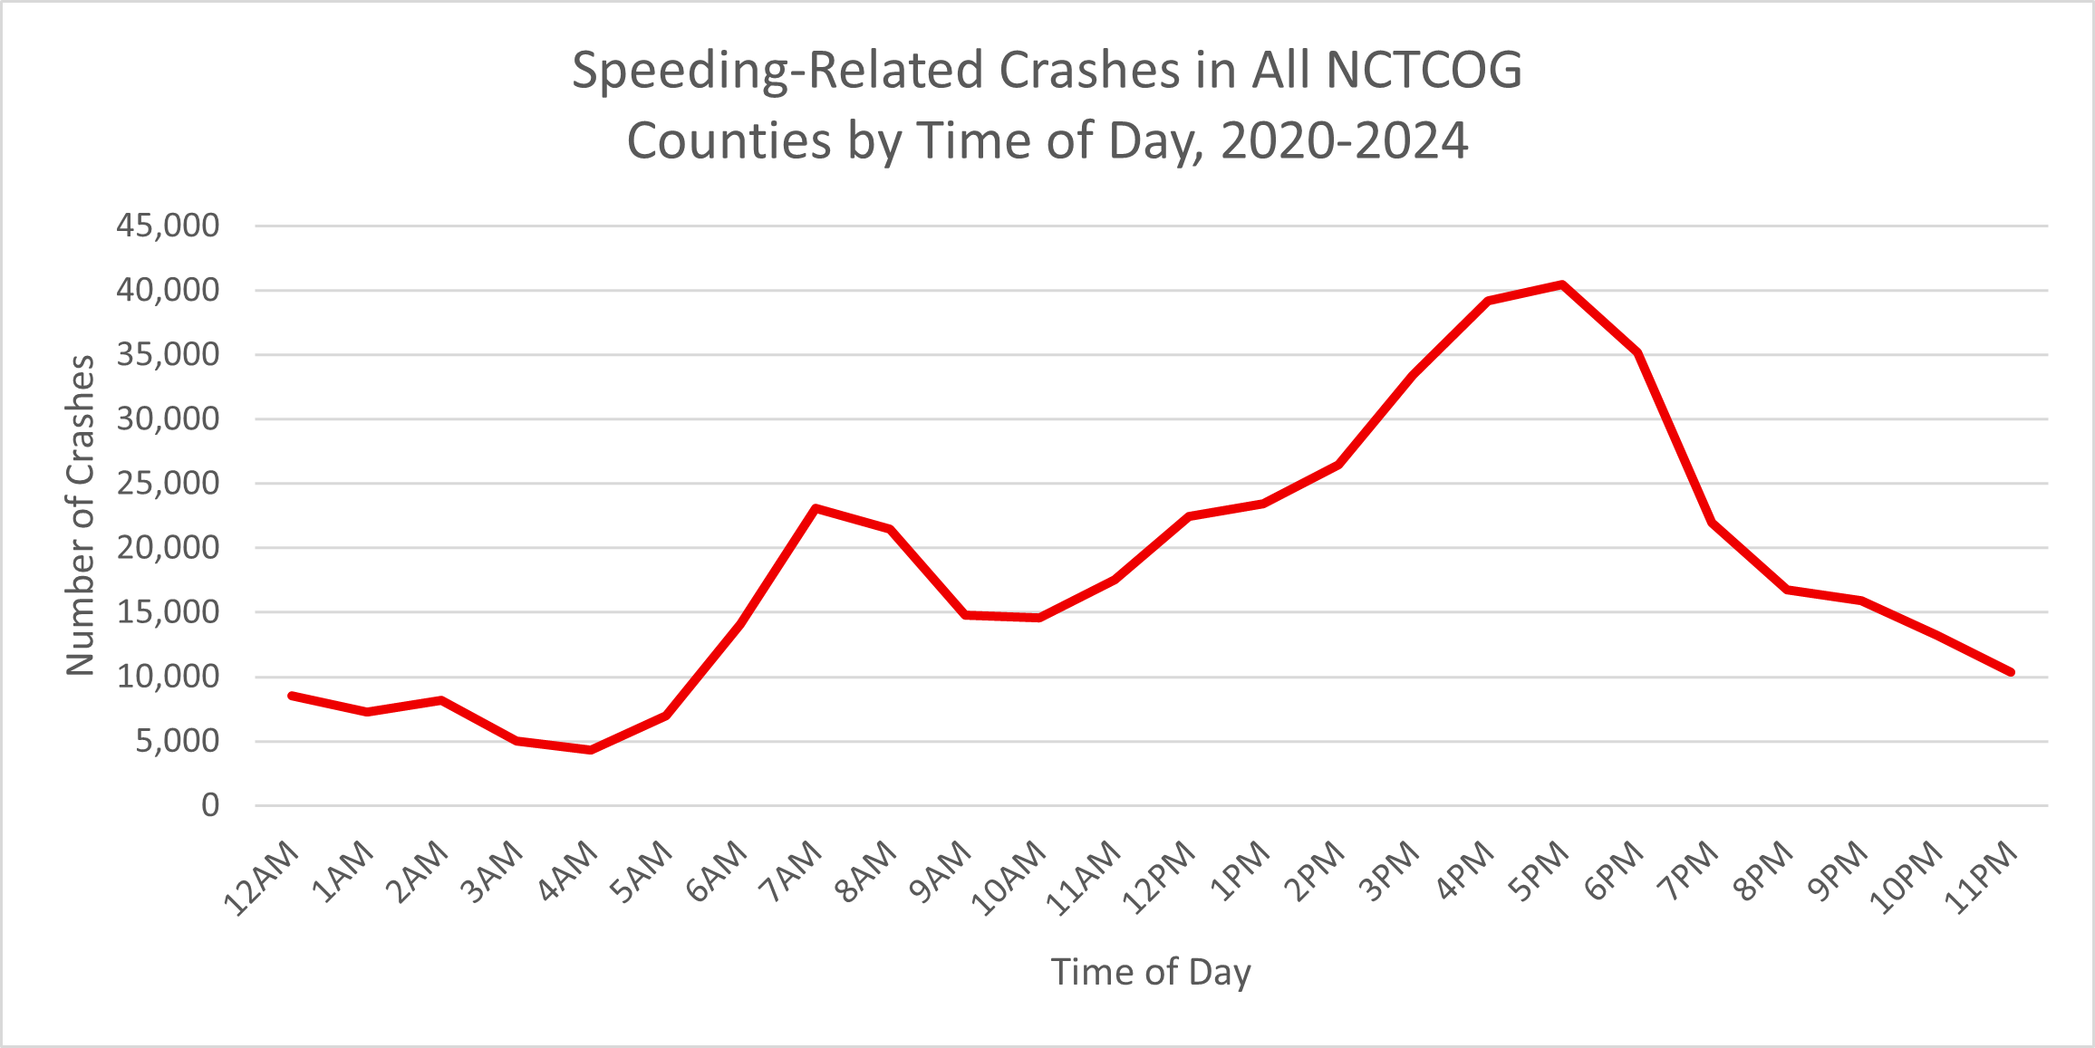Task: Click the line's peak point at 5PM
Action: pyautogui.click(x=1562, y=285)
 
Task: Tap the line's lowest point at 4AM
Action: pyautogui.click(x=591, y=750)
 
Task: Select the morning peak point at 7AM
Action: pyautogui.click(x=816, y=508)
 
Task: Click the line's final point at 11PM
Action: pyautogui.click(x=2010, y=672)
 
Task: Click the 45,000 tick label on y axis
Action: pyautogui.click(x=168, y=226)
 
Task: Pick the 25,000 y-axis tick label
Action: pyautogui.click(x=168, y=484)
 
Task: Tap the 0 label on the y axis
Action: pyautogui.click(x=210, y=805)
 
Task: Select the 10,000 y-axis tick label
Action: pyautogui.click(x=168, y=677)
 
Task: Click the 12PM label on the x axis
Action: pyautogui.click(x=1159, y=878)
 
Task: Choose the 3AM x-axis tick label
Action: pyautogui.click(x=492, y=872)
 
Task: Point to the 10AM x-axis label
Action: pyautogui.click(x=1009, y=878)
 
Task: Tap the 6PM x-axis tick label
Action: pyautogui.click(x=1614, y=870)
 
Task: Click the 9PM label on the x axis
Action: pyautogui.click(x=1838, y=871)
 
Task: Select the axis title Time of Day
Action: pyautogui.click(x=1151, y=972)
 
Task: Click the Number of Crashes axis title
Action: pyautogui.click(x=81, y=515)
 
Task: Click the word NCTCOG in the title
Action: pyautogui.click(x=1424, y=71)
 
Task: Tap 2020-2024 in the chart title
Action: pyautogui.click(x=1344, y=141)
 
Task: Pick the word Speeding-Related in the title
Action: pyautogui.click(x=777, y=71)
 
